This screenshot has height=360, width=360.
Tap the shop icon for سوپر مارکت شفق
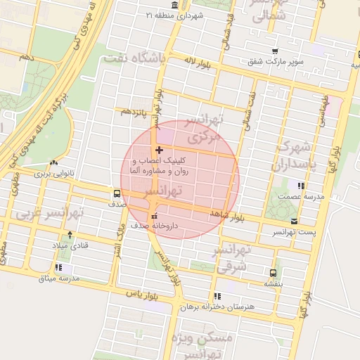275,51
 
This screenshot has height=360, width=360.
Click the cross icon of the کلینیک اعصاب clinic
160,149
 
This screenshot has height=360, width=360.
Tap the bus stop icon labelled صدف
116,193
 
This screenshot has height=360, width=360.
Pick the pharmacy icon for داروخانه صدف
155,216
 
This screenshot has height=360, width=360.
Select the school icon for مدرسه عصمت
302,186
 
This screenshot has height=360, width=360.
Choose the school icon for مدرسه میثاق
59,268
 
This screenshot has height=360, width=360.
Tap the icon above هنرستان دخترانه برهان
217,296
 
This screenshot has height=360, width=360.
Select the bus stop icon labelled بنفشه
273,273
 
